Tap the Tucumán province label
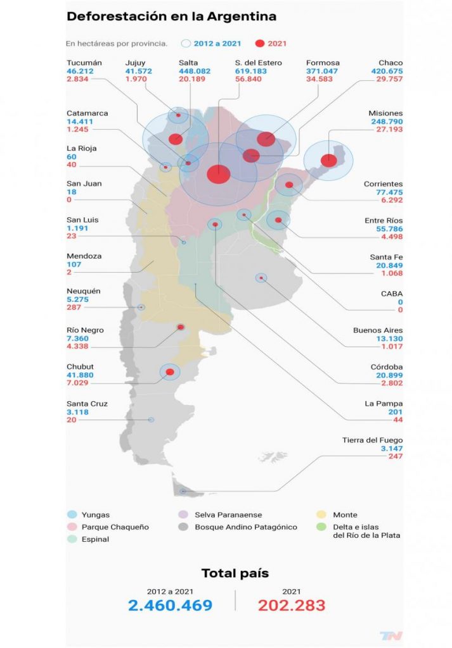point(84,63)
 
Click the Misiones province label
point(385,113)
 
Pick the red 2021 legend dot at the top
point(259,44)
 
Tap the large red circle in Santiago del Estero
point(219,173)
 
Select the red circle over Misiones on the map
point(329,160)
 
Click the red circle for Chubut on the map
point(169,372)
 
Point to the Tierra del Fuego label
point(373,440)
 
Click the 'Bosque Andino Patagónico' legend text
point(246,527)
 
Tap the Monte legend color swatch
point(321,515)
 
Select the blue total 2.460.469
point(170,606)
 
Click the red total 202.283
point(292,606)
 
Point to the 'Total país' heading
point(235,573)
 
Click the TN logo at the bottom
point(391,635)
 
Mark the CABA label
point(391,294)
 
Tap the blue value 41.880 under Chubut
point(81,375)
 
